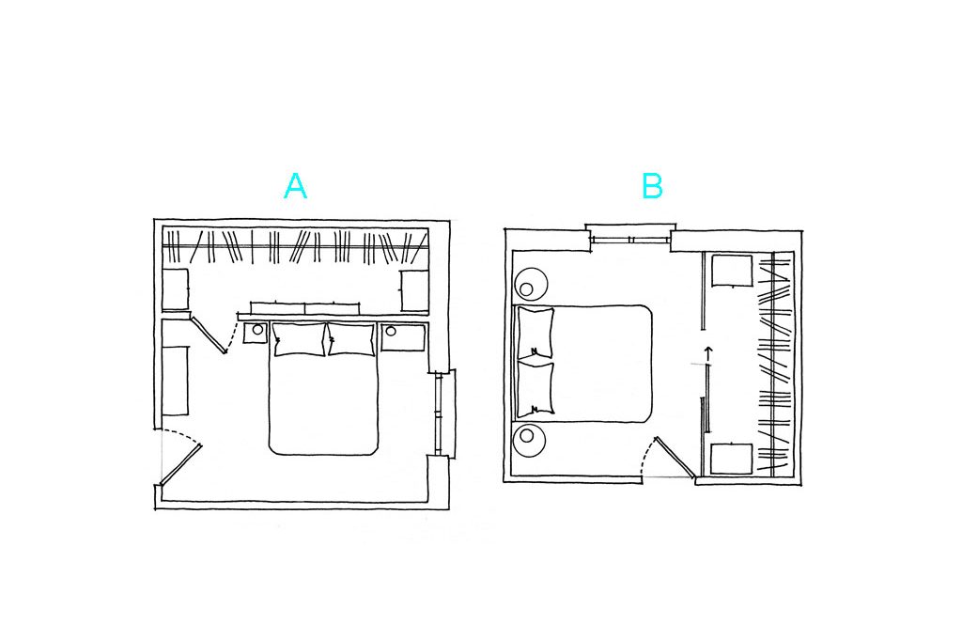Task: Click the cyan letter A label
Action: coord(295,187)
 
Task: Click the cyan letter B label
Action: coord(652,187)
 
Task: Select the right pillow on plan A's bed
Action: coord(350,339)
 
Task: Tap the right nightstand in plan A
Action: coord(403,335)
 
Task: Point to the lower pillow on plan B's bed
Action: coord(535,388)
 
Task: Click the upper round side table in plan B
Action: coord(531,284)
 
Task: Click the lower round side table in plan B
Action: coord(531,440)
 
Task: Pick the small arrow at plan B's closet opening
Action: coord(707,353)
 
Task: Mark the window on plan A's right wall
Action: coord(442,414)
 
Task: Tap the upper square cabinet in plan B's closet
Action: coord(732,271)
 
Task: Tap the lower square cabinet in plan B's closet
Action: coord(731,460)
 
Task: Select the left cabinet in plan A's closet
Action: coord(177,288)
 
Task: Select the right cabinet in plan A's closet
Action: coord(413,288)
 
